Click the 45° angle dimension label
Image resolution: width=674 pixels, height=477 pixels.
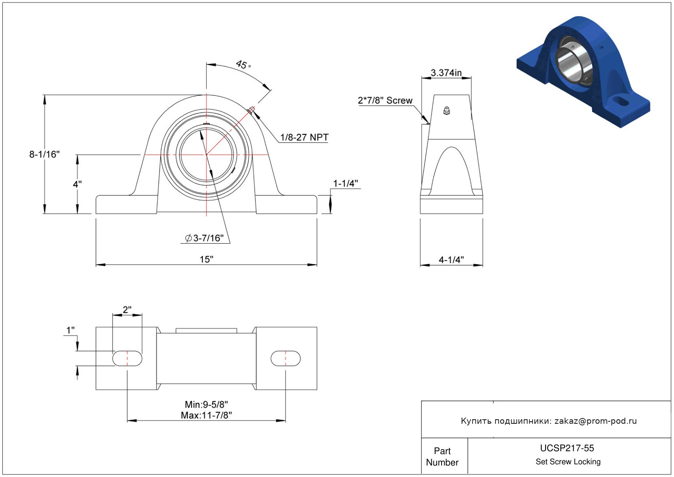(243, 64)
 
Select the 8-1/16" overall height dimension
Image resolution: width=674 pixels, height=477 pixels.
(44, 154)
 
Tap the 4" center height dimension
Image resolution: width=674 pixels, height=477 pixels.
(77, 184)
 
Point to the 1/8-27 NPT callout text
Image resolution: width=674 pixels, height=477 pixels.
(304, 137)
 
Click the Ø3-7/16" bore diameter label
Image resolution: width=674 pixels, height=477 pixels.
(204, 238)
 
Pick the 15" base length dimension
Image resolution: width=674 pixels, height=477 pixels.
(206, 259)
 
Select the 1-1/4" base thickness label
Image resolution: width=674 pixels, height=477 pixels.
(345, 183)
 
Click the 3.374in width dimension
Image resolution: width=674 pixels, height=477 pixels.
(446, 72)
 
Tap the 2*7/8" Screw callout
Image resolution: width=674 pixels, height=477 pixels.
(385, 100)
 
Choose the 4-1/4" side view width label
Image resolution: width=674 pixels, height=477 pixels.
(451, 260)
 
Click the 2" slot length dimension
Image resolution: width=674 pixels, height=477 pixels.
(127, 310)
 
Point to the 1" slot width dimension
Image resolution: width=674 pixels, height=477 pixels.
(70, 330)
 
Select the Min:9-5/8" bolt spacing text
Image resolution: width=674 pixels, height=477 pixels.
(206, 404)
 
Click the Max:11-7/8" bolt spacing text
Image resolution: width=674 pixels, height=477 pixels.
(206, 415)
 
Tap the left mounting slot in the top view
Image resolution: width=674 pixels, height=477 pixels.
(127, 358)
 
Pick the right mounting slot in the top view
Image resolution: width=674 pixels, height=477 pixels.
(286, 358)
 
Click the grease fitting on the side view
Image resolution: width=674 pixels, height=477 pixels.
(447, 111)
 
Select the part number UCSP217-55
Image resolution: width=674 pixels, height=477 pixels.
(567, 448)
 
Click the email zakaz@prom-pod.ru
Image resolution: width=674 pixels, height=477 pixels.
(595, 420)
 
